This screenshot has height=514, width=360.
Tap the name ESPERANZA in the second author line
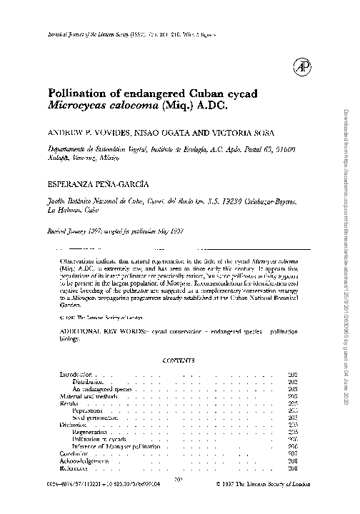[x=78, y=185]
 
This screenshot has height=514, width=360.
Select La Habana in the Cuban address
[x=63, y=211]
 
